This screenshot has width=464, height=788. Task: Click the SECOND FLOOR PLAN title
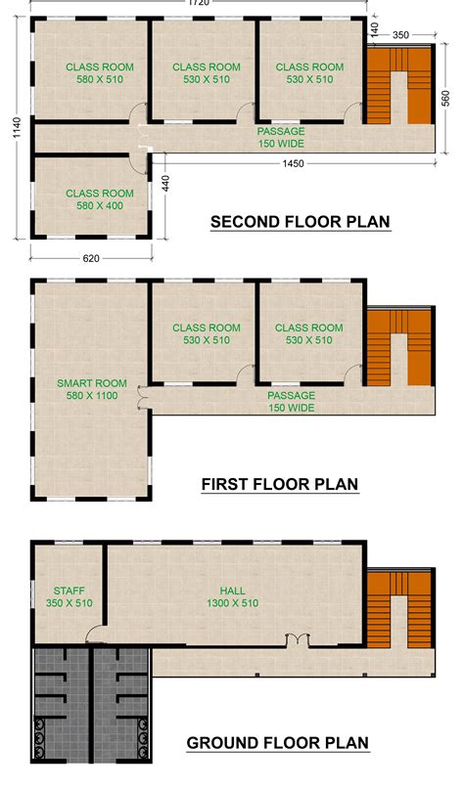click(301, 222)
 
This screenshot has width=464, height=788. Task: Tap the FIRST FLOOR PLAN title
click(279, 484)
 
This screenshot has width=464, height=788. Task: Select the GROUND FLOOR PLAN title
click(278, 744)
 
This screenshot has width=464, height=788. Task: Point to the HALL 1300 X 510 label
click(232, 597)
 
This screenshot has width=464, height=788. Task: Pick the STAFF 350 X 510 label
click(68, 597)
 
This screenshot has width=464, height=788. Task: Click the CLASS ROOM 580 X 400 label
click(99, 199)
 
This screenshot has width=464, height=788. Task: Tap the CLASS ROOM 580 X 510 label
click(99, 73)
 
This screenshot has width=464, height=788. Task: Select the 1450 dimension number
click(295, 163)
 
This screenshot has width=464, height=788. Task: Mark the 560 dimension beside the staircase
click(445, 101)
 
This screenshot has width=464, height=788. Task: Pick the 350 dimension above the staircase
click(400, 35)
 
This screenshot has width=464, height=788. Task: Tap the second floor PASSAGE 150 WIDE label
click(281, 137)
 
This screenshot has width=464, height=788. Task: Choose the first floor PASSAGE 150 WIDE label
click(291, 401)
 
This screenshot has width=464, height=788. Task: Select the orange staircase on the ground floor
click(399, 611)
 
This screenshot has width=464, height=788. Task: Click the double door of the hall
click(297, 640)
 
